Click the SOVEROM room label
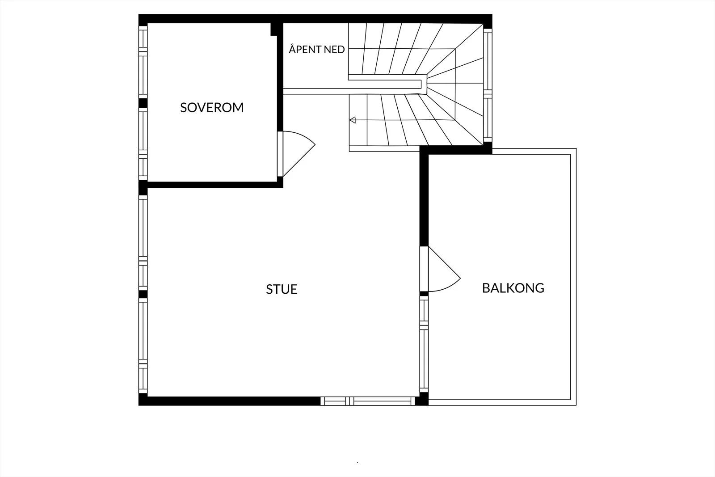(x=212, y=108)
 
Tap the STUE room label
(x=282, y=289)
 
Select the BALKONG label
(x=513, y=288)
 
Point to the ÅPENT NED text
(x=317, y=49)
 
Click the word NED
(x=334, y=50)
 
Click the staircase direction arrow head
(x=353, y=120)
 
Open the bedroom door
(x=296, y=154)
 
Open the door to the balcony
(x=440, y=269)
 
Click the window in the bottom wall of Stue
(x=368, y=401)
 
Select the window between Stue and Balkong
(x=424, y=344)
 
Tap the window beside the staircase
(x=488, y=85)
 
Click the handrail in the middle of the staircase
(x=387, y=82)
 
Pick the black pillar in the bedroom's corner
(x=273, y=30)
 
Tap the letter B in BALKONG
(x=486, y=288)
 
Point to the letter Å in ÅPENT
(x=292, y=49)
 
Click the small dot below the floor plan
(x=357, y=462)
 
